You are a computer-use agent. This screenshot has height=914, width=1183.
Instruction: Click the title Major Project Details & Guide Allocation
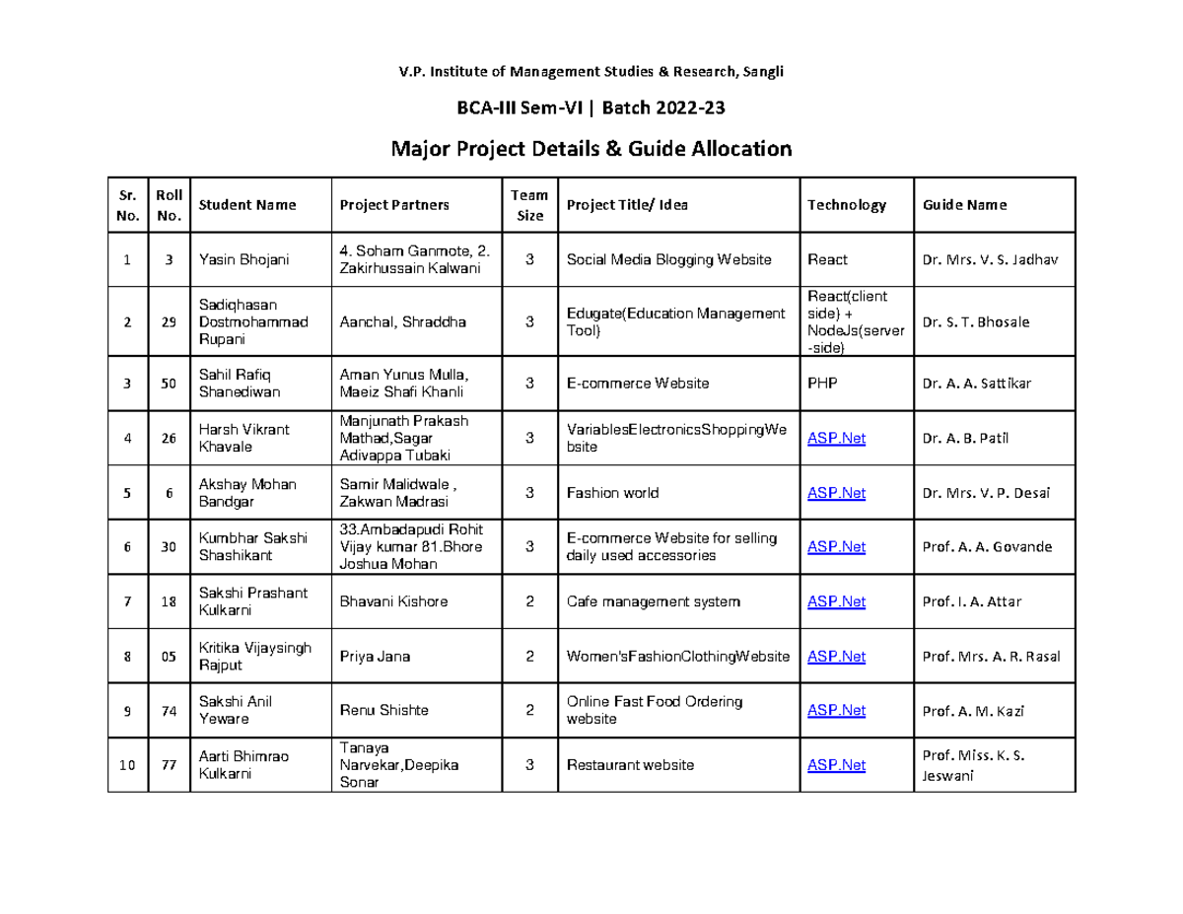591,149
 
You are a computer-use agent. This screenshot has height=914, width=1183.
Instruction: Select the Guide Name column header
964,205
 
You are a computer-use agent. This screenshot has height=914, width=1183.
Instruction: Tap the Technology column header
846,205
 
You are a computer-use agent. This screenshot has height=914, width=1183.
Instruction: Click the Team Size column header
530,205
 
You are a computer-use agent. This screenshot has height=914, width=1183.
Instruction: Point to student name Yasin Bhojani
244,260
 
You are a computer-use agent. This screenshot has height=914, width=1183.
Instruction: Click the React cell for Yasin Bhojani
827,260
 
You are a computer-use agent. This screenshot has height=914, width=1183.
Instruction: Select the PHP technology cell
822,383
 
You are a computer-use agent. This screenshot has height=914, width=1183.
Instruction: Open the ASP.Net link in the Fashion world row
836,493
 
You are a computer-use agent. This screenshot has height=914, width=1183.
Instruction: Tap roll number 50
170,383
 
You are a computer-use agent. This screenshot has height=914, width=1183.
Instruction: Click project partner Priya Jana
375,657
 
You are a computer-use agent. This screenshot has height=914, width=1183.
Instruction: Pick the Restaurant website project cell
630,765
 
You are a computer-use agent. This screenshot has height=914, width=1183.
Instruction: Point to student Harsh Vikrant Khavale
239,438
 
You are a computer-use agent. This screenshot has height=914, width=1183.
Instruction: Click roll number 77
170,765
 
